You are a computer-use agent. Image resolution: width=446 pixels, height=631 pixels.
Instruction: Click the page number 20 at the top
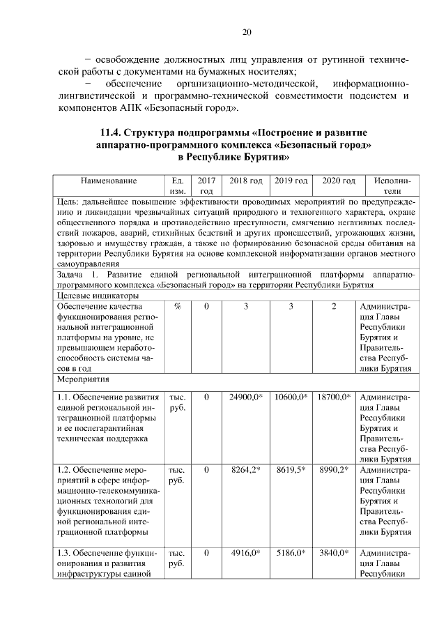[x=247, y=31]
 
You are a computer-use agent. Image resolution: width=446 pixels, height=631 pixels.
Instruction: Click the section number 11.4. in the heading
[x=113, y=132]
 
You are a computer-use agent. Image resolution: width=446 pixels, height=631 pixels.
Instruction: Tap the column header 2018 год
[x=245, y=181]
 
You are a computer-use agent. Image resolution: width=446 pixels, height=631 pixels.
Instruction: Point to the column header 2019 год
[x=291, y=181]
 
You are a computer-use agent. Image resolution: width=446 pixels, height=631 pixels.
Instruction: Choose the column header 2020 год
[x=339, y=181]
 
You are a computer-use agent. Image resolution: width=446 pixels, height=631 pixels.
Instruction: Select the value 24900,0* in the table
[x=245, y=397]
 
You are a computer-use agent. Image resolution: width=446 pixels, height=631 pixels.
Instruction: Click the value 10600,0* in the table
[x=291, y=397]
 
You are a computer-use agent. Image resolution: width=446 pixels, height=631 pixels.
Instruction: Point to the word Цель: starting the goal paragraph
[x=69, y=202]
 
